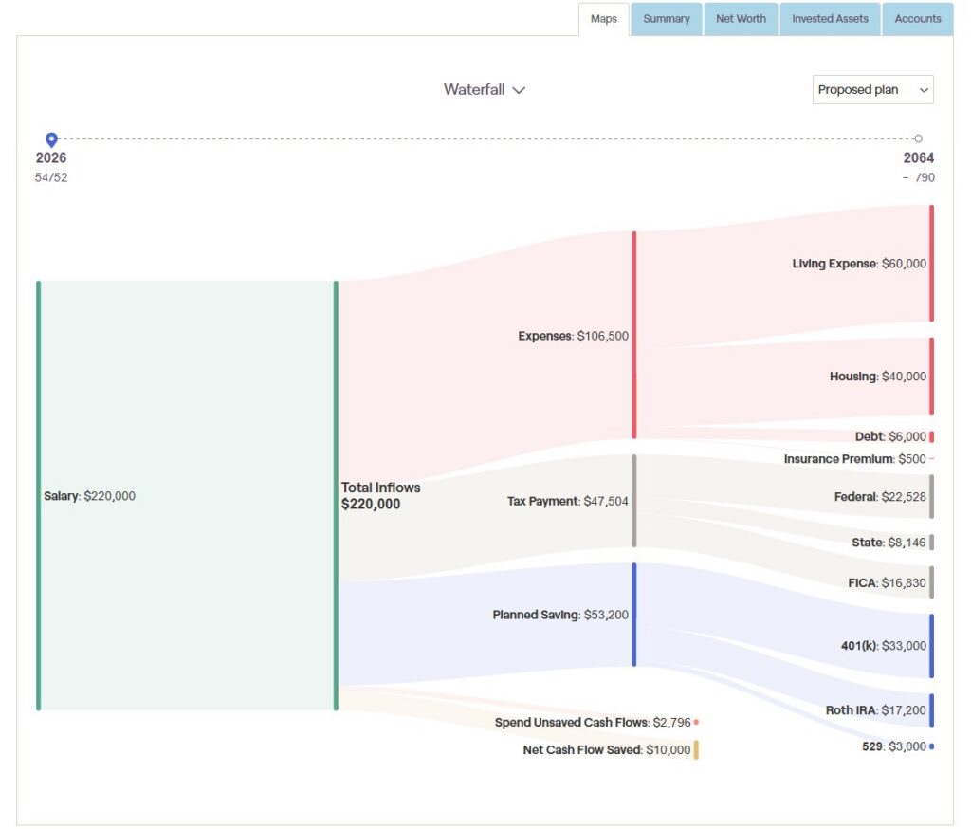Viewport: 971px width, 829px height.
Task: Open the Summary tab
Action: point(667,19)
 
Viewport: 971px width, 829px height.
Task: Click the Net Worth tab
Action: point(741,19)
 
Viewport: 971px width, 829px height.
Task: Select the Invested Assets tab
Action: point(830,19)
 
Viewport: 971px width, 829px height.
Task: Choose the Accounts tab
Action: point(918,19)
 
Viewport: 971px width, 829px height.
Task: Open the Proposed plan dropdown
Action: point(872,90)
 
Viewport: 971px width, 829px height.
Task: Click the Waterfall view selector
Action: point(485,90)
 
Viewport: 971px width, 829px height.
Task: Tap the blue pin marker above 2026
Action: point(51,139)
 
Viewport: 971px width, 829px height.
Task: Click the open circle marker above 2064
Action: point(918,138)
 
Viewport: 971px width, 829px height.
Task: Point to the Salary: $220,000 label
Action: point(89,496)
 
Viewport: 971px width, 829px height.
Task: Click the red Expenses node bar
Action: point(634,335)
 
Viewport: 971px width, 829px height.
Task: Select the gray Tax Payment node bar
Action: point(634,501)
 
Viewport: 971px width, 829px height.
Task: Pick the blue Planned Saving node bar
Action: point(634,615)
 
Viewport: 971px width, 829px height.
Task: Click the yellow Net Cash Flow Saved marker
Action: point(696,749)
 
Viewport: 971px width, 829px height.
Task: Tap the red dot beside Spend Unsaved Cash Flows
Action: point(696,723)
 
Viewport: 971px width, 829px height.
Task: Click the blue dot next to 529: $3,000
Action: point(931,746)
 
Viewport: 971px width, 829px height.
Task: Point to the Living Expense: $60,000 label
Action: point(859,264)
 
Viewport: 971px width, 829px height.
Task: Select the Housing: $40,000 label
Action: point(878,377)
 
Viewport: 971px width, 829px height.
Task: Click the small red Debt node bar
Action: point(931,437)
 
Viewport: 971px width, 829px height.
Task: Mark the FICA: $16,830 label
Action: point(887,583)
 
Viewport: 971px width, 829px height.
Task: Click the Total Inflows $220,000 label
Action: point(380,496)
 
